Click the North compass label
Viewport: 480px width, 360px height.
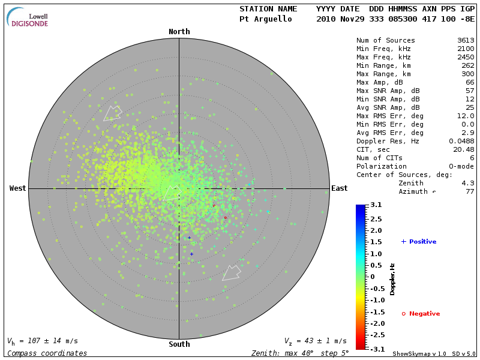tap(179, 32)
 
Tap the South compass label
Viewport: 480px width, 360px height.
tap(179, 344)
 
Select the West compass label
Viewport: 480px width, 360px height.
tap(17, 188)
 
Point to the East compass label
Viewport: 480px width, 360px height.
tap(339, 188)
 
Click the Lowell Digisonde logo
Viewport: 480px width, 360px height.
tap(28, 17)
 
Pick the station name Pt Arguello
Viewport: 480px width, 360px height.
tap(265, 19)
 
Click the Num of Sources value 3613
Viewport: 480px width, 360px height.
tap(466, 41)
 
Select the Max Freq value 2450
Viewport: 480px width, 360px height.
tap(466, 58)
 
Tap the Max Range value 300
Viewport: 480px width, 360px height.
tap(467, 74)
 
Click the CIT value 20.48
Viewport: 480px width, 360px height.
tap(464, 149)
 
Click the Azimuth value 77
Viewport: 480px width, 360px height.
tap(470, 191)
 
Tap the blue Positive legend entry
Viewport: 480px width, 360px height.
tap(419, 242)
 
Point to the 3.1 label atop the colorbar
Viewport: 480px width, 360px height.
tap(376, 205)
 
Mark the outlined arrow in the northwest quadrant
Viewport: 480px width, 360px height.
tap(112, 113)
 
